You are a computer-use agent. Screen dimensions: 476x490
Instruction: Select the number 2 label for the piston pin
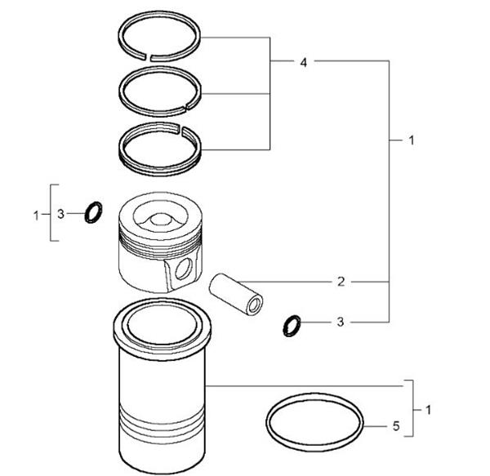tap(341, 282)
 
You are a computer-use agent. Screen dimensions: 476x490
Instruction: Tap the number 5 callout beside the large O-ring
tap(396, 425)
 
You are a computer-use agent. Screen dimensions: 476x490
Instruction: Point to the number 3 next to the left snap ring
tap(60, 215)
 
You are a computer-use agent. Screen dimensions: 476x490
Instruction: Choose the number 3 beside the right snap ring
tap(341, 323)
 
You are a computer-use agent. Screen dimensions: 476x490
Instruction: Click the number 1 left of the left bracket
tap(36, 215)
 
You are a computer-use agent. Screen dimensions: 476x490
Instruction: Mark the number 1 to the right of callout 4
tap(411, 140)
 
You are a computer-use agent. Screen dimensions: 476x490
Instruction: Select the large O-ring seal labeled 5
tap(315, 423)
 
